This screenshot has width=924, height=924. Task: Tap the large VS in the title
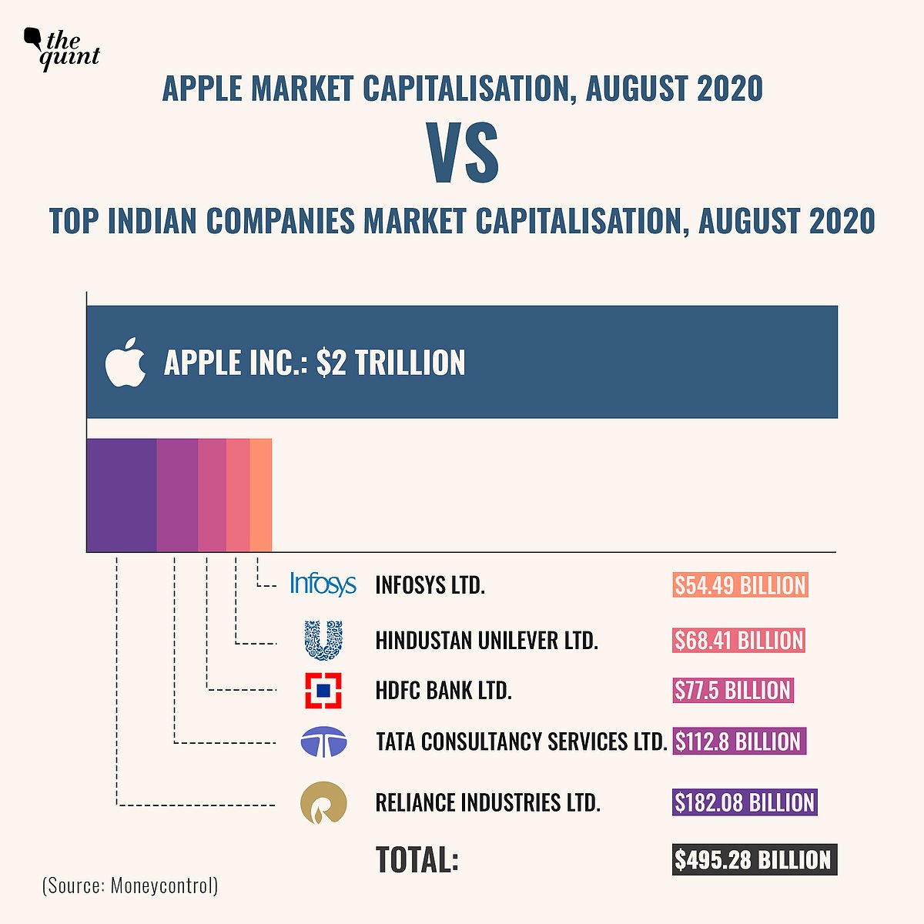[464, 155]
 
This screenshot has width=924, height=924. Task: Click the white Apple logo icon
[126, 362]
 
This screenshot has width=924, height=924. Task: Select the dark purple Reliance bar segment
[121, 494]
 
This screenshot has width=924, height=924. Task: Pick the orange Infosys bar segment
[261, 494]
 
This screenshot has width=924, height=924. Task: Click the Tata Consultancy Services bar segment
[177, 494]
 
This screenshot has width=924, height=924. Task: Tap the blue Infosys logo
[323, 584]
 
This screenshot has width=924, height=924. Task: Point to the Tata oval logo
[323, 742]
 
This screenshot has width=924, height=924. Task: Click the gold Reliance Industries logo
[323, 803]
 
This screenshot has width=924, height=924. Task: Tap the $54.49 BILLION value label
[740, 585]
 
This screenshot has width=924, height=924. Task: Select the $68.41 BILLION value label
[738, 640]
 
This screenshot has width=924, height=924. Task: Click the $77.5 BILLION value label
[732, 690]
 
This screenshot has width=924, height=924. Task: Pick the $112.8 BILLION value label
[738, 742]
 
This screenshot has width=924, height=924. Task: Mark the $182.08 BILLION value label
[744, 802]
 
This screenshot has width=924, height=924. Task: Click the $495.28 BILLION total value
[753, 859]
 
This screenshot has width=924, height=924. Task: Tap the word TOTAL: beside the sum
[417, 859]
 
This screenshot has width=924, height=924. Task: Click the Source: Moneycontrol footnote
[130, 885]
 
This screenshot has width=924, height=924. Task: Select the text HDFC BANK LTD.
[444, 690]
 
